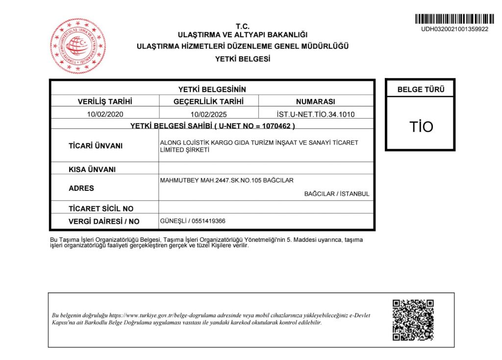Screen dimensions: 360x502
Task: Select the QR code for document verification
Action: [413, 320]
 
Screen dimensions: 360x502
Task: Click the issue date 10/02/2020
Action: [105, 114]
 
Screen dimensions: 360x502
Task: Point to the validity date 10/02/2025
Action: [208, 114]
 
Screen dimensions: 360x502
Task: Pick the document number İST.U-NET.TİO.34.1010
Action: [315, 114]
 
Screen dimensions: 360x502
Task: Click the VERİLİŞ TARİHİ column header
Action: [105, 102]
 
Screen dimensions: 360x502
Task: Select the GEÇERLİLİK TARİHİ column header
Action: [208, 102]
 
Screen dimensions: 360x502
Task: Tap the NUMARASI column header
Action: [315, 102]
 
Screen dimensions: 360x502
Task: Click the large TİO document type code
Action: [421, 127]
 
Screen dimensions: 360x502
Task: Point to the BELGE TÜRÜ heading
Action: [421, 90]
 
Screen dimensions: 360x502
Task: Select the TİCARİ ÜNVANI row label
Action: [96, 146]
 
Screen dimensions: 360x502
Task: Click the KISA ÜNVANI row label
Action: [92, 170]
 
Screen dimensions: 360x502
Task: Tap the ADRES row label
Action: [81, 188]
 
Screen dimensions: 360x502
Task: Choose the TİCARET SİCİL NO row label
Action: [101, 208]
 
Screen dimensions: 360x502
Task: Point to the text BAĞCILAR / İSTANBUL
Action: [336, 194]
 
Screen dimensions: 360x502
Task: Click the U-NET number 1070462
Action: [277, 126]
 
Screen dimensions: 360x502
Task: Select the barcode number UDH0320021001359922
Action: [454, 29]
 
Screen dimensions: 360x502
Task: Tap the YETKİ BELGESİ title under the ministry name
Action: [243, 59]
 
